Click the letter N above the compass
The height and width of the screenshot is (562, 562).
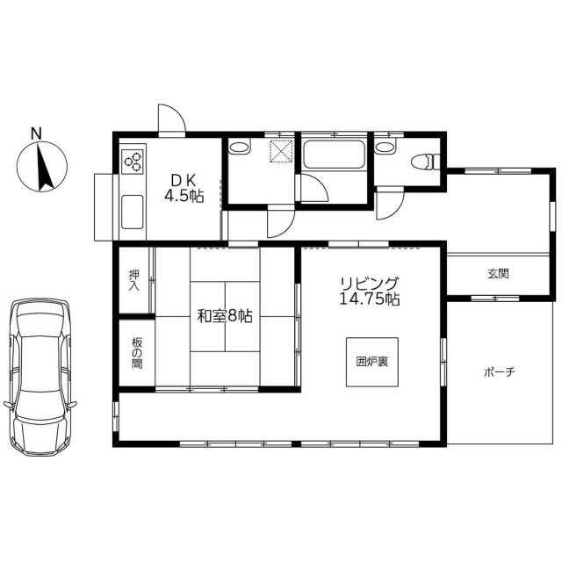click(36, 133)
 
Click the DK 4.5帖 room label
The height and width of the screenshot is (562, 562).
click(184, 189)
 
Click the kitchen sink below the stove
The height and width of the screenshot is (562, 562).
click(133, 212)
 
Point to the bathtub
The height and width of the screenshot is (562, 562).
click(334, 155)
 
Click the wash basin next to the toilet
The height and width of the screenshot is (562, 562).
click(385, 148)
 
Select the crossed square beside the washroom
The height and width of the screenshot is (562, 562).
click(281, 151)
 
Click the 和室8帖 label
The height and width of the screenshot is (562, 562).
click(226, 316)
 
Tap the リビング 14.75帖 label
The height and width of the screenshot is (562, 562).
click(369, 291)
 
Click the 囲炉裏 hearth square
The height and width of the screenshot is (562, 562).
click(372, 362)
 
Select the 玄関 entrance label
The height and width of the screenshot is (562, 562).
click(498, 274)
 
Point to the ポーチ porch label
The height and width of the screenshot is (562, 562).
click(500, 372)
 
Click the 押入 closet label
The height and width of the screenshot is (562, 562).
click(134, 280)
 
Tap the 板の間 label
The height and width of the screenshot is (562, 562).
click(137, 353)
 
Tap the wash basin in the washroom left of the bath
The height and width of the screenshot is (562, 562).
click(239, 148)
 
